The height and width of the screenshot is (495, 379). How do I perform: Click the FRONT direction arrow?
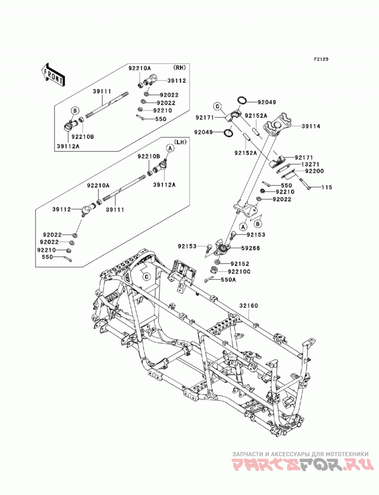click(x=53, y=75)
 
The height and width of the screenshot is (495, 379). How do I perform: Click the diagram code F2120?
click(x=321, y=59)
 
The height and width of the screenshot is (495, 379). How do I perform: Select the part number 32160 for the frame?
click(x=248, y=305)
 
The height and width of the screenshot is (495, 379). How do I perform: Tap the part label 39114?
click(x=311, y=126)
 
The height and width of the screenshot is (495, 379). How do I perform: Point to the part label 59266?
click(x=251, y=248)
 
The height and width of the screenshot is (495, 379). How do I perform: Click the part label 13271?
click(x=310, y=165)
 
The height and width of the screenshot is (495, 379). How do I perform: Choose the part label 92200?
click(x=315, y=171)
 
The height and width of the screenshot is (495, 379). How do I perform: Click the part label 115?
click(x=327, y=188)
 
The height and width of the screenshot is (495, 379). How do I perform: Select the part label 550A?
click(x=228, y=280)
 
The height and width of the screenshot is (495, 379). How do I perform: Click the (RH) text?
click(x=179, y=67)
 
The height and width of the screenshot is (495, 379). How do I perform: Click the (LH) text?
click(x=180, y=142)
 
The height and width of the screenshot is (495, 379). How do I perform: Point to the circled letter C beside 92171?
click(x=217, y=106)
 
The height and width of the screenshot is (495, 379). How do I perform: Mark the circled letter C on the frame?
click(x=146, y=277)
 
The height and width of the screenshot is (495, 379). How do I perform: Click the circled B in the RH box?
click(x=75, y=111)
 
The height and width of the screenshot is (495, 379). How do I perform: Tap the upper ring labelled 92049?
click(x=242, y=100)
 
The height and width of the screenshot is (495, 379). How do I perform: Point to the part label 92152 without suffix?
click(x=240, y=264)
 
